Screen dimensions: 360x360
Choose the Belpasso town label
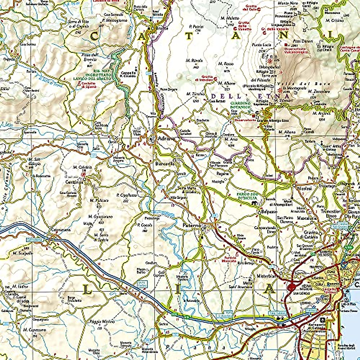267,212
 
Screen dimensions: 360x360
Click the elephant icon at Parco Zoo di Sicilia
254,204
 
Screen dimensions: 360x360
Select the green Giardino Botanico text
240,105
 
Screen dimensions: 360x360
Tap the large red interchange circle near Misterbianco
290,287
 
